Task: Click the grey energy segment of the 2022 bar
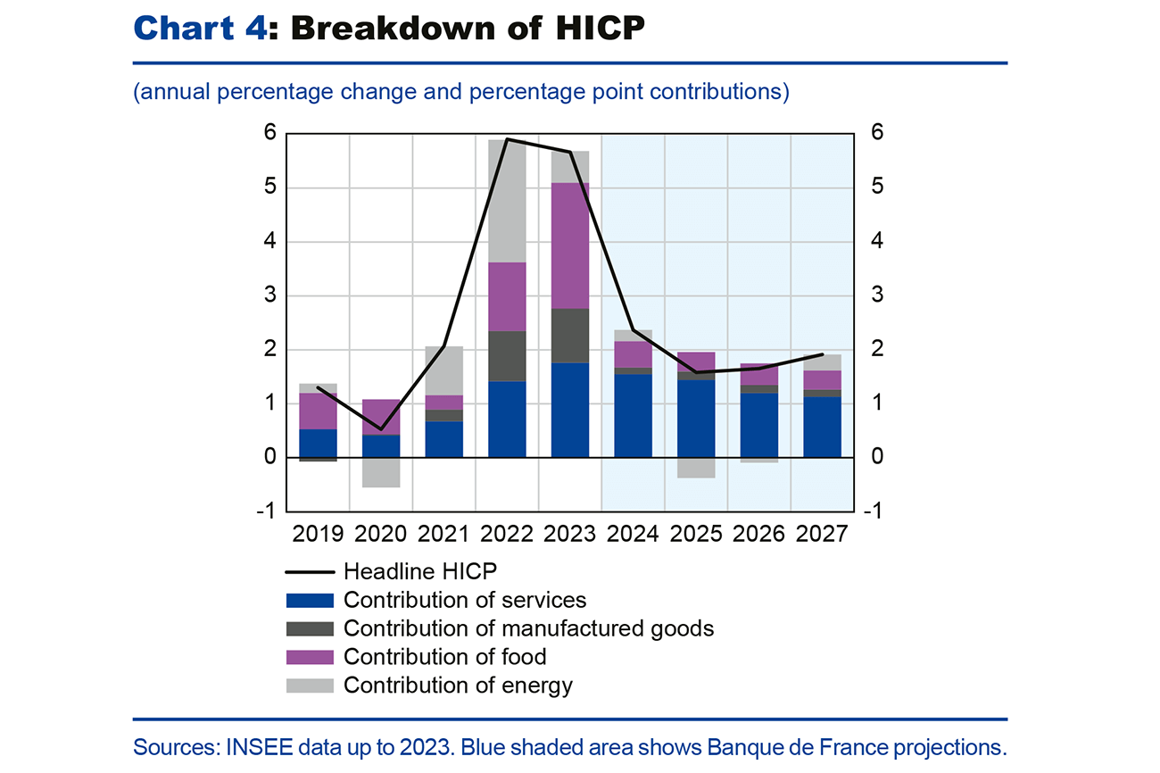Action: coord(507,201)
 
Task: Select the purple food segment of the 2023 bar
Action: coord(570,245)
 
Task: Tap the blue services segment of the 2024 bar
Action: coord(633,415)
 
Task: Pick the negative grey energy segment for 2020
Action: coord(380,472)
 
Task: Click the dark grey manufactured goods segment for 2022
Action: coord(507,356)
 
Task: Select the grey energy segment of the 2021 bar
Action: coord(443,370)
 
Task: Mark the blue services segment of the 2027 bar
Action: coord(822,427)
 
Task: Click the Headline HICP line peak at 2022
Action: coord(507,139)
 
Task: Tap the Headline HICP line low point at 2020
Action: coord(380,429)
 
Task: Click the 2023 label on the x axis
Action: coord(570,535)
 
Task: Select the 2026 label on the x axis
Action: coord(758,535)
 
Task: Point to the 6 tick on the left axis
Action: coord(269,134)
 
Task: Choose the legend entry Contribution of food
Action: coord(444,657)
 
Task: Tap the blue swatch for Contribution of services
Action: coord(309,601)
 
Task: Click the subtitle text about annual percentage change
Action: coord(460,93)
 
